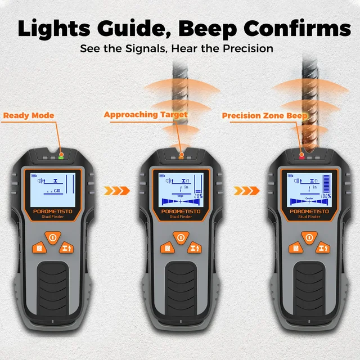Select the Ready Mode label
tap(29, 116)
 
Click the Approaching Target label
tap(146, 115)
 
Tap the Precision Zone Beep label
tap(265, 116)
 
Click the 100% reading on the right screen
tap(325, 196)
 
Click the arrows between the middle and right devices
tap(243, 190)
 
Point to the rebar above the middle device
tap(181, 96)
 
